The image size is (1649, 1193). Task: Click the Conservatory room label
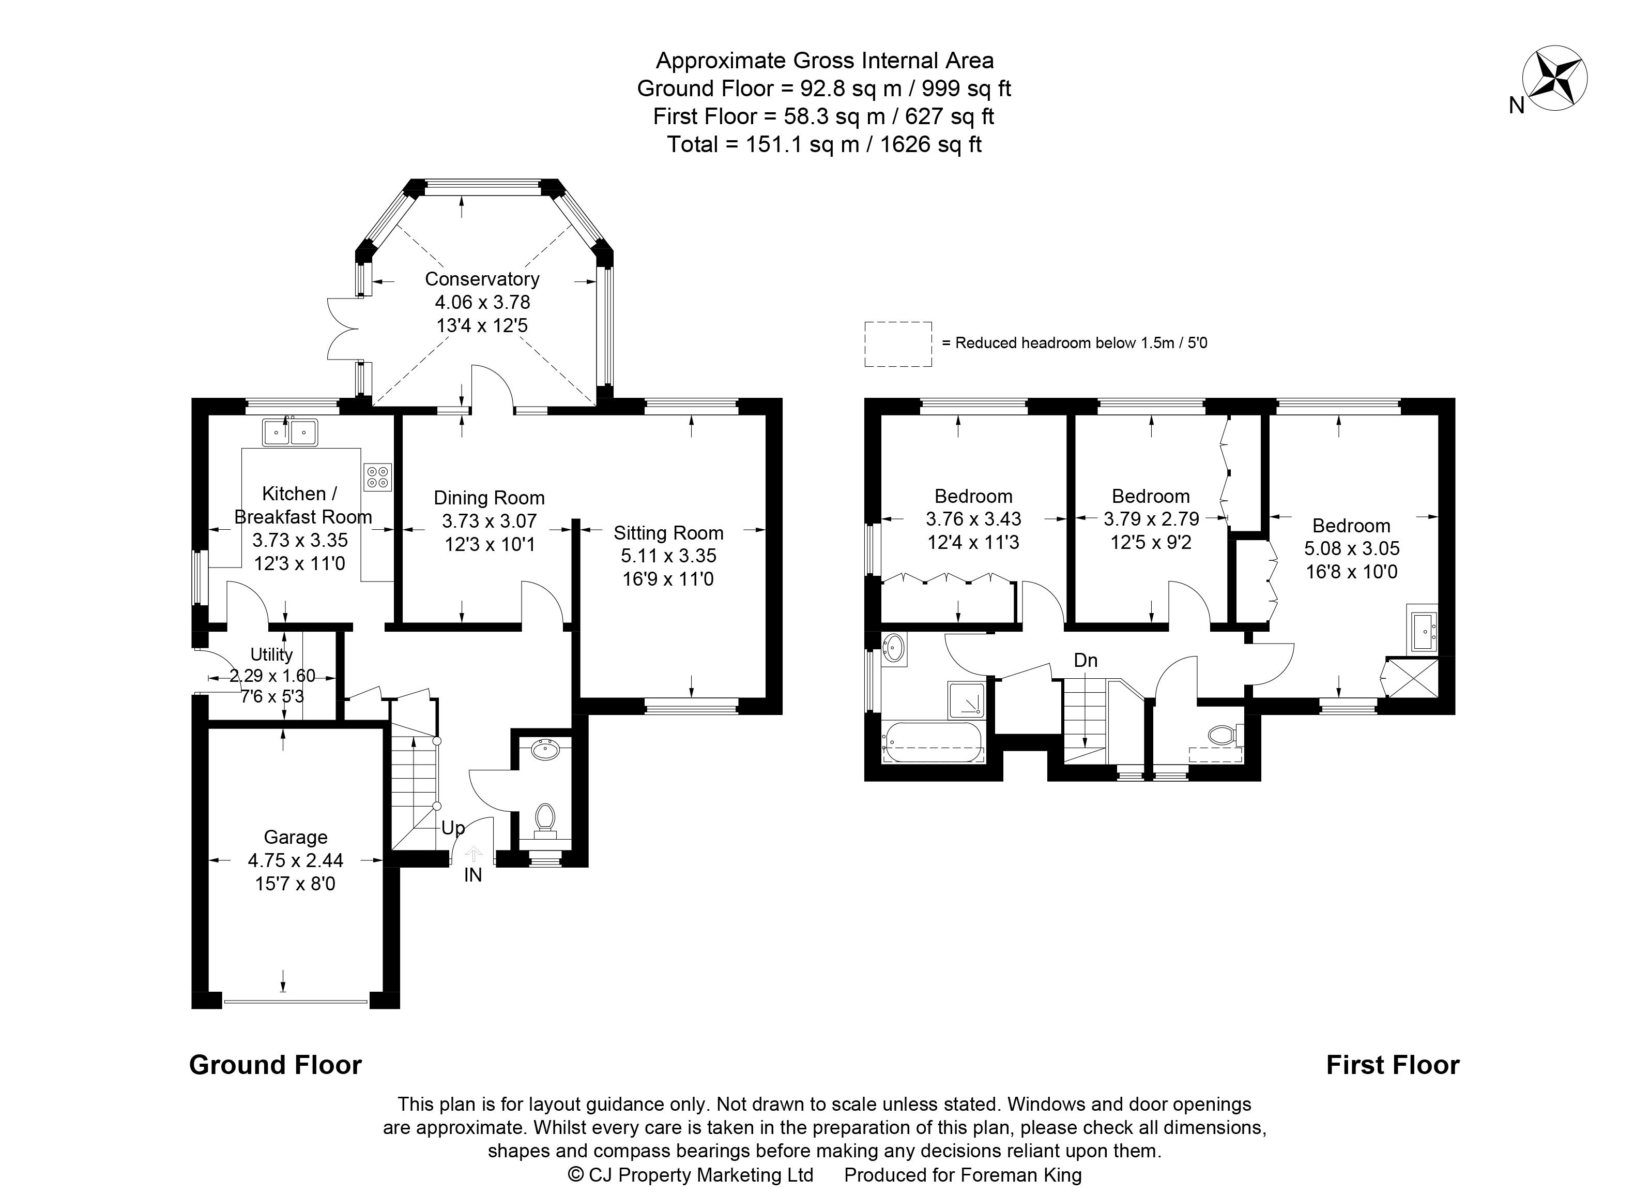click(482, 279)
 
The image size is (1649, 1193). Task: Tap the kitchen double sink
click(290, 432)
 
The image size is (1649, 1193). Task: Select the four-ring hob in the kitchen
click(377, 477)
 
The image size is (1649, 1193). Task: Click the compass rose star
click(1554, 79)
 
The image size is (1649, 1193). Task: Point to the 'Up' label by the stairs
click(453, 828)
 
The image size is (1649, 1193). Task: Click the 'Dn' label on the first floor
click(1086, 661)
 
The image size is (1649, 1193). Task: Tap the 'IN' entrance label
click(472, 875)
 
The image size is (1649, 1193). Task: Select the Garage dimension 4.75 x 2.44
click(295, 860)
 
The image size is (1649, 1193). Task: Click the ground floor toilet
click(544, 820)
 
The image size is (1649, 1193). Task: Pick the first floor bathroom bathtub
click(933, 743)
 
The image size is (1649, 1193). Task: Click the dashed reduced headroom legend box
click(898, 344)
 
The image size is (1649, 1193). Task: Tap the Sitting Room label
click(668, 533)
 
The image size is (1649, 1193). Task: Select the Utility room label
click(271, 654)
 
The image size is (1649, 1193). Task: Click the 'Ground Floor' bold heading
click(276, 1065)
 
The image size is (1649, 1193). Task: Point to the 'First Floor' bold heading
click(1392, 1065)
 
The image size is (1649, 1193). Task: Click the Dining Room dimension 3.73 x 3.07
click(488, 521)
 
